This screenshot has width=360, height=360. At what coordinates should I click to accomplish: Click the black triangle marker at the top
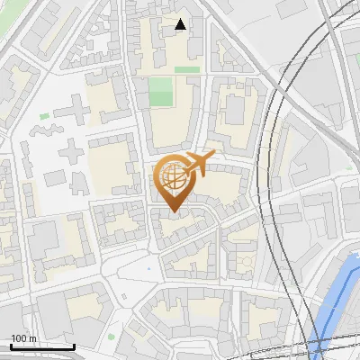click(181, 24)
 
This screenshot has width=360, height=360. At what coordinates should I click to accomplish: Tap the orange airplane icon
click(198, 164)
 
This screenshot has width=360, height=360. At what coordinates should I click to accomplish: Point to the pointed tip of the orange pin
click(172, 211)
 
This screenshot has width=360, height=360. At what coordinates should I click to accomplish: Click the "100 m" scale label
click(23, 338)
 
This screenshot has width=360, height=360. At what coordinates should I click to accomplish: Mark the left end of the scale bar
click(11, 346)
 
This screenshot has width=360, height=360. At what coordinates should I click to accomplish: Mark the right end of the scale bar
click(75, 346)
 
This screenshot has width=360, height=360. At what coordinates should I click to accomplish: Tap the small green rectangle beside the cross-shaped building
click(44, 116)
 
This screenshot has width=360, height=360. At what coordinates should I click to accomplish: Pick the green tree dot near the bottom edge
click(112, 337)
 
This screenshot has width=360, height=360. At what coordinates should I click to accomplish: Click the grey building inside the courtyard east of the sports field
click(235, 109)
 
